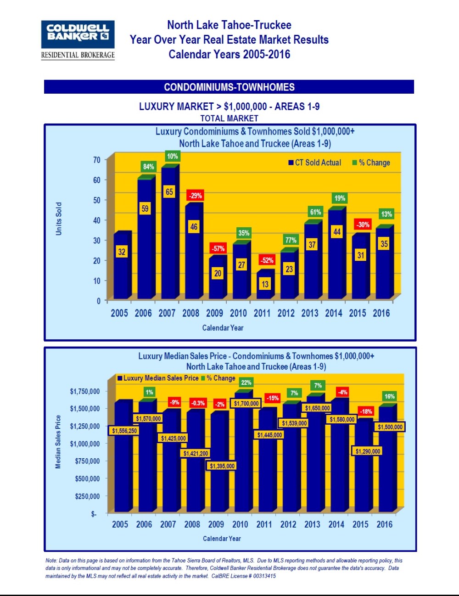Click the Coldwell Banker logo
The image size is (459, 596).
[x=78, y=39]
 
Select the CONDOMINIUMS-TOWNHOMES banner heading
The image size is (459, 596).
[x=229, y=87]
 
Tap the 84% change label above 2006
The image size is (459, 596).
[x=148, y=167]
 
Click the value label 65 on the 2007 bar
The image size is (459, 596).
[x=169, y=191]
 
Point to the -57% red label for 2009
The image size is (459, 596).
[x=218, y=248]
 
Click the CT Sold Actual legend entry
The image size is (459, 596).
[x=315, y=163]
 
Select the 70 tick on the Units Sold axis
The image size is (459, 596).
[x=96, y=160]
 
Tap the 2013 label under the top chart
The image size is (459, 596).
[x=310, y=313]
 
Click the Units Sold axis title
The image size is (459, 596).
[x=59, y=219]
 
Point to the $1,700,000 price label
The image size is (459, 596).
[x=246, y=404]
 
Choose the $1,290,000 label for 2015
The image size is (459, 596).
[x=368, y=451]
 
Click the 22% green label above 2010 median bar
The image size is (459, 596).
[x=246, y=382]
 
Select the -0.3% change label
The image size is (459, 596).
[x=198, y=403]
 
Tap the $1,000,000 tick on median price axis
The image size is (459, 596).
[x=84, y=444]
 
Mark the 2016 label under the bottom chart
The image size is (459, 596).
[x=384, y=524]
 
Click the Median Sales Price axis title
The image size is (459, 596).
[x=58, y=442]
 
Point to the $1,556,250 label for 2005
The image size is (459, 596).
[x=124, y=431]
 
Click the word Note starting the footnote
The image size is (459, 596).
[x=51, y=560]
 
